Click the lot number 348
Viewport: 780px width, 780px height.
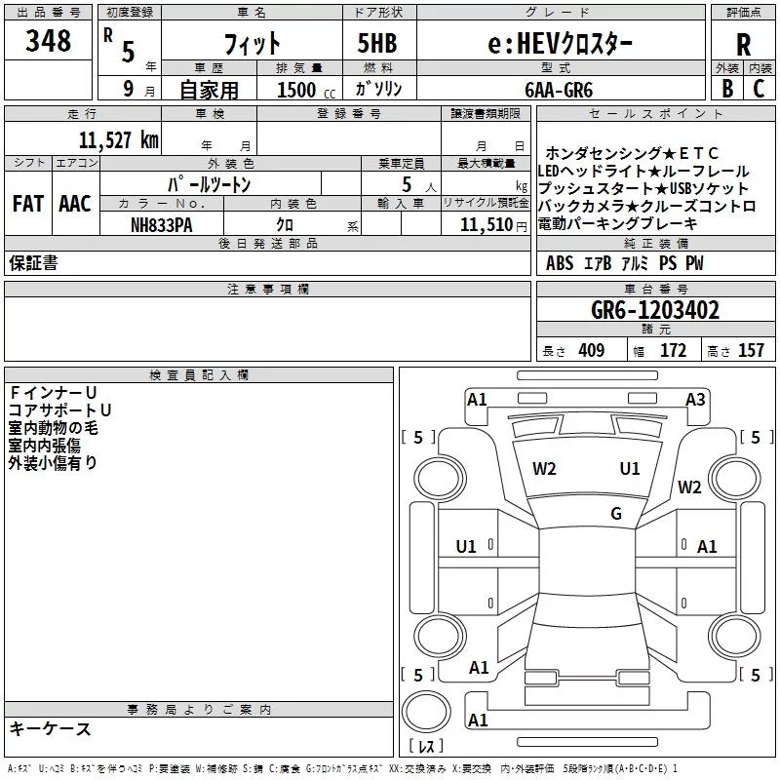[x=49, y=41]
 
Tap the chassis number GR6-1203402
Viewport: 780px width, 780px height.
[x=655, y=311]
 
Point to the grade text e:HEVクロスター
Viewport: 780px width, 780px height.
[x=560, y=43]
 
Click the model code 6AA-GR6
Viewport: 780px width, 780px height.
[x=559, y=89]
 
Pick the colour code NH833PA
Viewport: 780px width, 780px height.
[x=162, y=223]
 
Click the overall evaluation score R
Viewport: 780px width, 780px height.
[x=743, y=43]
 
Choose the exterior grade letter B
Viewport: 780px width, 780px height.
[x=727, y=89]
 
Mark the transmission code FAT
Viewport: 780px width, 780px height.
[x=27, y=204]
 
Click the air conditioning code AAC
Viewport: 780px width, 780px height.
[x=75, y=204]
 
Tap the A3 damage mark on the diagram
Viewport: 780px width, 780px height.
[x=695, y=399]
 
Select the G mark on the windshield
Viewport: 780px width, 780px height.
[x=615, y=514]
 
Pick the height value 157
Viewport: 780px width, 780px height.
[x=751, y=351]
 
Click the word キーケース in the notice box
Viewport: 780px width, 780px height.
[x=51, y=728]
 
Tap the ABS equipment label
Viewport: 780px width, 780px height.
[x=560, y=263]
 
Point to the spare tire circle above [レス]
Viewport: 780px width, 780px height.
[x=424, y=710]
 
